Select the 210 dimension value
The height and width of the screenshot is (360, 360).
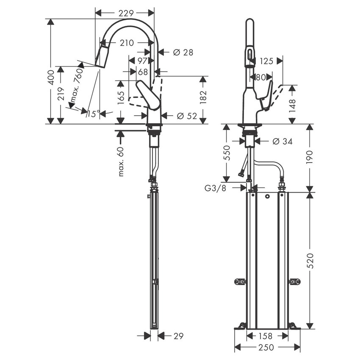[x=126, y=43]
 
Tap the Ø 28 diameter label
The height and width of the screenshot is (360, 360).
[x=183, y=52]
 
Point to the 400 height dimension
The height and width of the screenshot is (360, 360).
[x=51, y=76]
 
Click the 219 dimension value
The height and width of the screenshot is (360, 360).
[x=61, y=94]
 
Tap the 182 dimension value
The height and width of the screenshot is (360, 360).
[x=203, y=96]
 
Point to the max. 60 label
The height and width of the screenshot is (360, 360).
[x=121, y=161]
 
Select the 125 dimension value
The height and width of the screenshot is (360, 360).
[x=266, y=61]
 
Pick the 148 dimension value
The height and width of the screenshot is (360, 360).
[x=292, y=105]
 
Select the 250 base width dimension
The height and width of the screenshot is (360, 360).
[x=267, y=347]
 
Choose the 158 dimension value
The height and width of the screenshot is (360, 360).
[x=266, y=336]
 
